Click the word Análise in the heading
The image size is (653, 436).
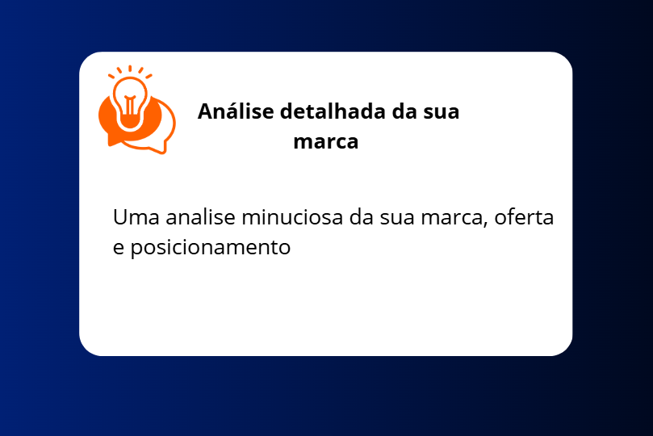[x=236, y=111]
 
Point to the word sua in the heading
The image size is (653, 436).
[x=441, y=112]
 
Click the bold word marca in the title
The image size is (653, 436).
[x=325, y=142]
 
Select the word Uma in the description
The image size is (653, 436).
[x=136, y=217]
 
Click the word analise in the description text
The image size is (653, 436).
[x=200, y=217]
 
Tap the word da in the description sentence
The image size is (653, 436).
[x=361, y=217]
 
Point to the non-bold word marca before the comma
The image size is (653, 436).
[x=451, y=218]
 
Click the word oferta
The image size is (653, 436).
[x=524, y=217]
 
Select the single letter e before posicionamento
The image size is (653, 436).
[x=119, y=248]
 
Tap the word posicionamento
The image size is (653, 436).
[x=211, y=248]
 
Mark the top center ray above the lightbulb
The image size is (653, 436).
[x=130, y=69]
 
